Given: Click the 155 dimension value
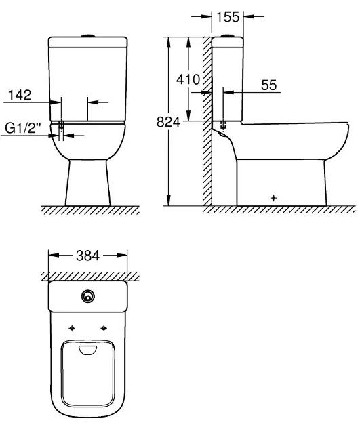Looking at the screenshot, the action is point(228,17).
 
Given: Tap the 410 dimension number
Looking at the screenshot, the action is point(188,79).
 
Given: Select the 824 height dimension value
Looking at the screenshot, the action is point(168,122).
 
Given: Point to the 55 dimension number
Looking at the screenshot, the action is point(268,85).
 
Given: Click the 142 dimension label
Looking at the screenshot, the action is point(20,95).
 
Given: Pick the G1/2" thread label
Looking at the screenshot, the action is point(23,127).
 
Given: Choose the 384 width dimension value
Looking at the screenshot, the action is point(87,256).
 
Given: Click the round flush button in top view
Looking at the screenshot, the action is point(88,296).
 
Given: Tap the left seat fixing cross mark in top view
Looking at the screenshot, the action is point(72,329).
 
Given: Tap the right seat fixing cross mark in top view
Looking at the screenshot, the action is point(104,329).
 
